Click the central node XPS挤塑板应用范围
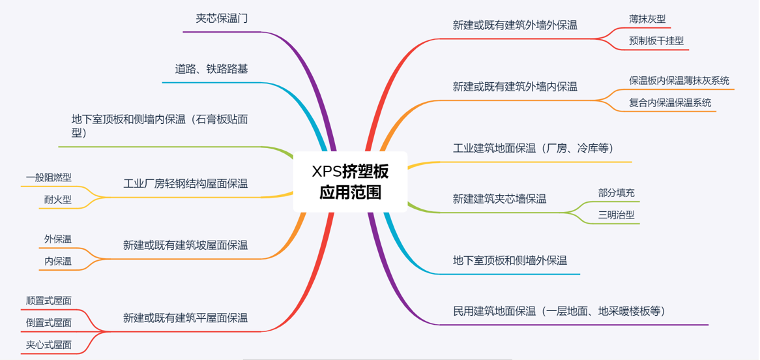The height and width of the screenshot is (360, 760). pos(350,181)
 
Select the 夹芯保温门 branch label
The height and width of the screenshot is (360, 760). pos(222,18)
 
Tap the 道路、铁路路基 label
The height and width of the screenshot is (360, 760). pos(211,68)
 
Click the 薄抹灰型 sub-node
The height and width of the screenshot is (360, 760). pos(647,19)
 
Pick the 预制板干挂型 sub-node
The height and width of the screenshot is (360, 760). pos(656,40)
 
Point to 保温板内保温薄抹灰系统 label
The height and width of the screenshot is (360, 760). pos(679,80)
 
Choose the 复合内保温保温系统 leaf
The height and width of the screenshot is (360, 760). pos(670,102)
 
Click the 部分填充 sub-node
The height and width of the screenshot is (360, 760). pos(616,192)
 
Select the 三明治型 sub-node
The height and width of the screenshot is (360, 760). pos(616,215)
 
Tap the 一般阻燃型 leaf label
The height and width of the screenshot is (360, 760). pos(49,177)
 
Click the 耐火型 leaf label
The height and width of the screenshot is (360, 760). pos(57,200)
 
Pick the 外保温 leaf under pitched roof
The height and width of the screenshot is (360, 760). pos(58,239)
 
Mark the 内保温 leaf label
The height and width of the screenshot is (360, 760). pos(58,262)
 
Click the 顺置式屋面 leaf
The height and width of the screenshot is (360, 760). pos(49,301)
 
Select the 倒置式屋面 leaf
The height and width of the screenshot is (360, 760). pos(49,323)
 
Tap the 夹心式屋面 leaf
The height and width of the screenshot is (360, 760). pos(49,345)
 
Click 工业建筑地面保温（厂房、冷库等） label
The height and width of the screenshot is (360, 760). pos(533,148)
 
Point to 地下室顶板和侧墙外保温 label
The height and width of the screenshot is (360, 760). pos(510,260)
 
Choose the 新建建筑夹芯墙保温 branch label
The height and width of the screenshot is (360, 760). pos(499,199)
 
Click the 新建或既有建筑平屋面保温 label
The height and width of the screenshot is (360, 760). pos(185,318)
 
